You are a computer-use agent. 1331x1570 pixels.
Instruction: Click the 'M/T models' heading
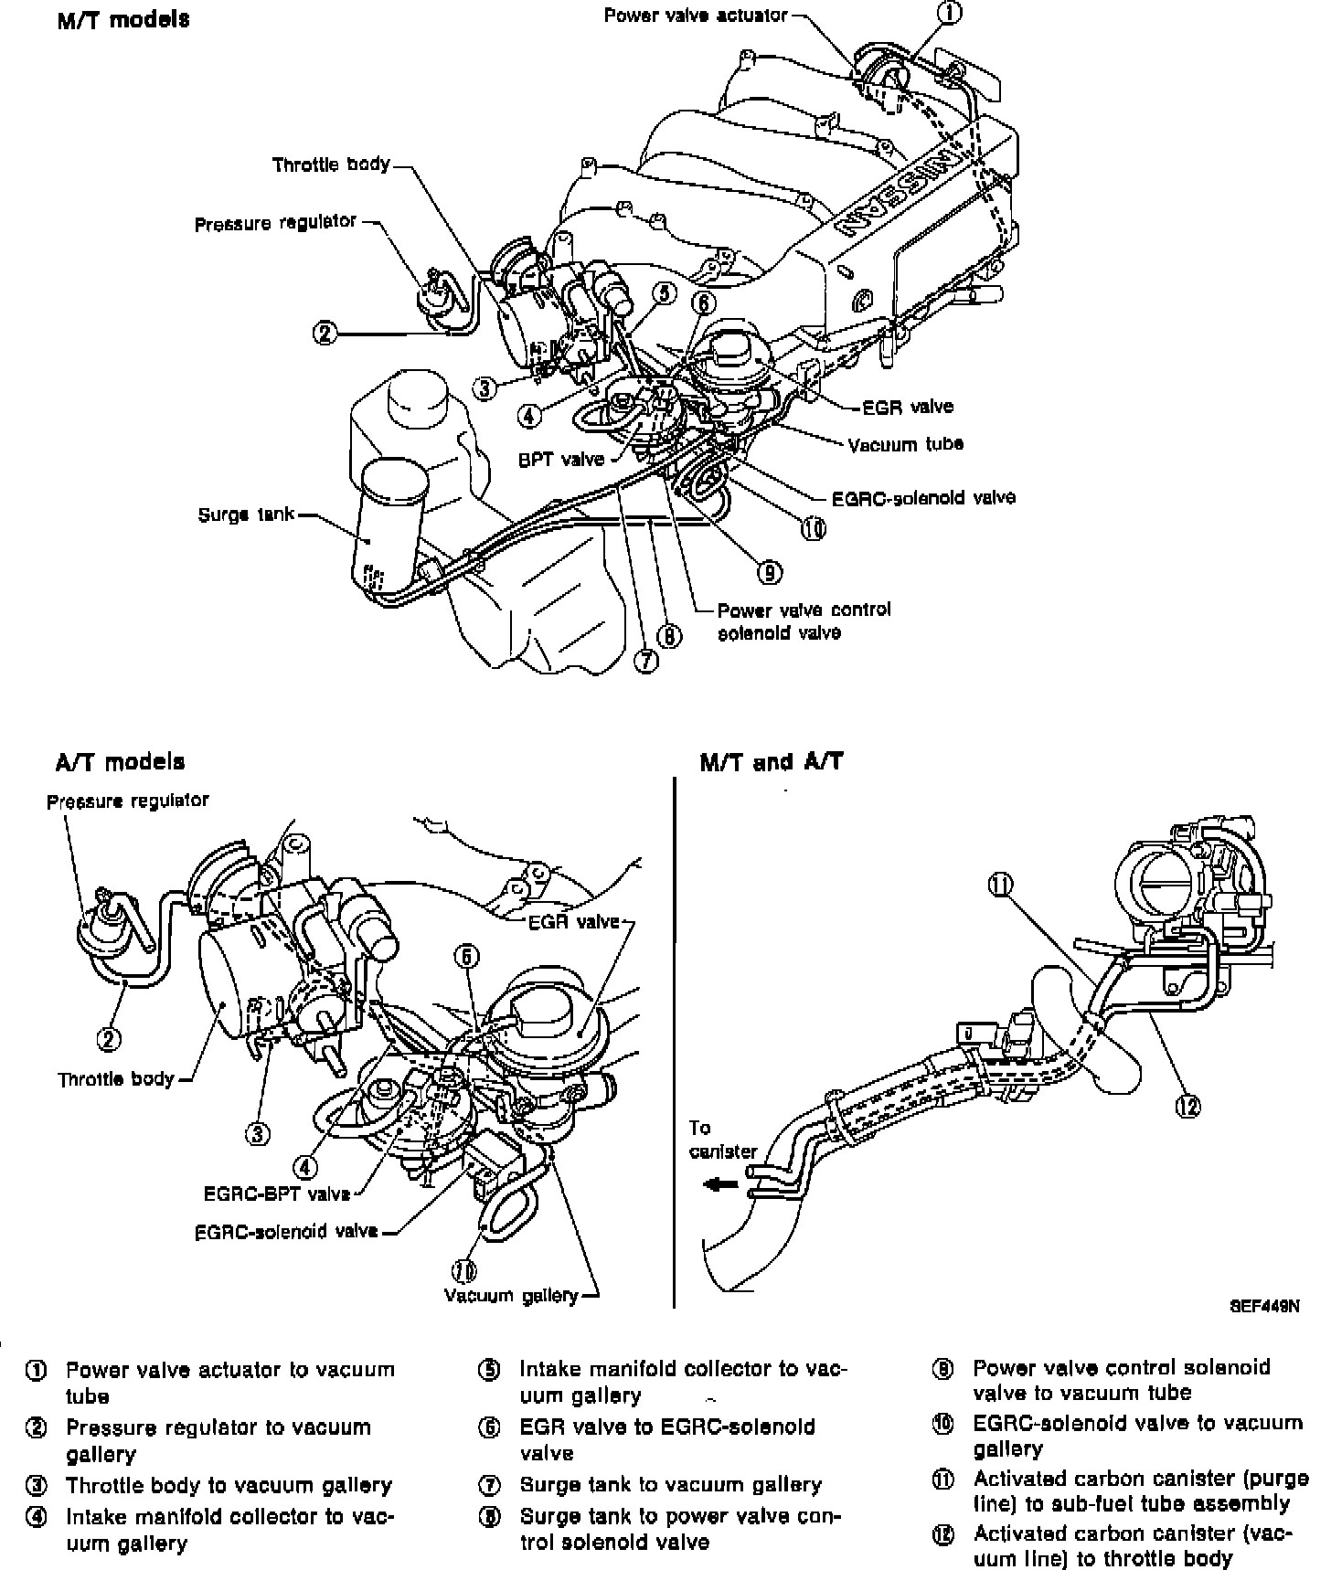click(123, 19)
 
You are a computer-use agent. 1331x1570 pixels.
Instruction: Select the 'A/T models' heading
click(120, 761)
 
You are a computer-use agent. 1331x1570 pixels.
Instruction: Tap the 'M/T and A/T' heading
click(771, 761)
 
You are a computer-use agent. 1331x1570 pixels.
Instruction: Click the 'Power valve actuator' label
click(695, 16)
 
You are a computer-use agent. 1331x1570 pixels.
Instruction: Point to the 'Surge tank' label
click(246, 514)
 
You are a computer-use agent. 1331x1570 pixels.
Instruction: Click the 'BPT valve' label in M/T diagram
click(561, 459)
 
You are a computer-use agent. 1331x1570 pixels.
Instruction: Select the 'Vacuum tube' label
click(905, 445)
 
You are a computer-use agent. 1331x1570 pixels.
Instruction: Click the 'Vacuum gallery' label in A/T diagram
click(511, 1295)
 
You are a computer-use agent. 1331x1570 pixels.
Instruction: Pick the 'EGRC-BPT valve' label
click(278, 1193)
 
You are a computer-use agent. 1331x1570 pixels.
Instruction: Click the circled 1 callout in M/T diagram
click(951, 13)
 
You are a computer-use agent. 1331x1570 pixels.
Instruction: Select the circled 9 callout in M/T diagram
click(769, 571)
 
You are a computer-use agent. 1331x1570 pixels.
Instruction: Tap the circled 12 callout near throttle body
click(1187, 1106)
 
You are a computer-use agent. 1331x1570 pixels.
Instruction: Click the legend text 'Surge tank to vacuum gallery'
click(670, 1485)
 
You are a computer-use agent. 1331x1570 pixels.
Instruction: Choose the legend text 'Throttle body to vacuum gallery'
click(229, 1486)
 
